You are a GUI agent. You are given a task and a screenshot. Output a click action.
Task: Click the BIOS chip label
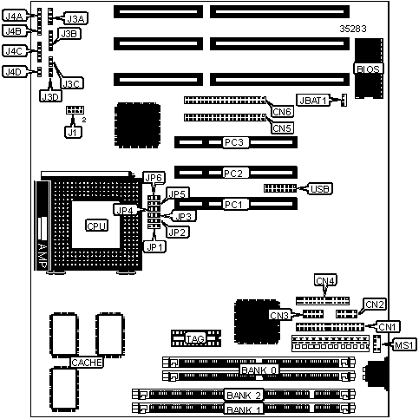click(x=368, y=69)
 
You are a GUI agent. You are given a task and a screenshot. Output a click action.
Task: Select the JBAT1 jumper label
click(x=313, y=101)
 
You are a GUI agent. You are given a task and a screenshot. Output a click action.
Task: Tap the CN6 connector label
click(x=282, y=111)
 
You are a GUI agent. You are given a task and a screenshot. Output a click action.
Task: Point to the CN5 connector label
click(x=282, y=128)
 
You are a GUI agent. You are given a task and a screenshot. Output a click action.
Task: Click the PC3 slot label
click(x=234, y=142)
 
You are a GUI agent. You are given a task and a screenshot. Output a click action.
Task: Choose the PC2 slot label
click(x=233, y=173)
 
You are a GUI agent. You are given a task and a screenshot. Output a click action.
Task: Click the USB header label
click(x=320, y=189)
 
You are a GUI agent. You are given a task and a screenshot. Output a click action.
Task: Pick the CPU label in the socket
click(x=96, y=226)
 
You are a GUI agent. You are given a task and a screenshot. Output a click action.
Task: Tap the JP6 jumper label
click(x=154, y=177)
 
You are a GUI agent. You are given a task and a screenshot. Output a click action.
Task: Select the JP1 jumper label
click(x=155, y=247)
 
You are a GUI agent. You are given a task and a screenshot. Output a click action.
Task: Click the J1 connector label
click(x=73, y=132)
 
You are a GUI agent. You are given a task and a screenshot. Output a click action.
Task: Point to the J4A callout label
click(x=14, y=16)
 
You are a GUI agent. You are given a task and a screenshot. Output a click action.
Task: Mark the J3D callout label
click(x=50, y=96)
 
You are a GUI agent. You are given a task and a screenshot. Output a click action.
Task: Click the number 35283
click(x=353, y=29)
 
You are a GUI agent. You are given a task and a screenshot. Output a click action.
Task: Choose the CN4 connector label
click(x=325, y=280)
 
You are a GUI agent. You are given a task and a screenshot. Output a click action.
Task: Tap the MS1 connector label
click(x=404, y=344)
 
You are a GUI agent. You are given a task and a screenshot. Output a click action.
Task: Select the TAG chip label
click(x=195, y=338)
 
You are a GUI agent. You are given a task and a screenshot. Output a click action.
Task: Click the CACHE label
click(x=87, y=363)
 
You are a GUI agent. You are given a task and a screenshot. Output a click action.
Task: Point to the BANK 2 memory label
click(x=244, y=395)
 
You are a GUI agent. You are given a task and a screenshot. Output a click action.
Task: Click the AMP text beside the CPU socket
click(x=43, y=256)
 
